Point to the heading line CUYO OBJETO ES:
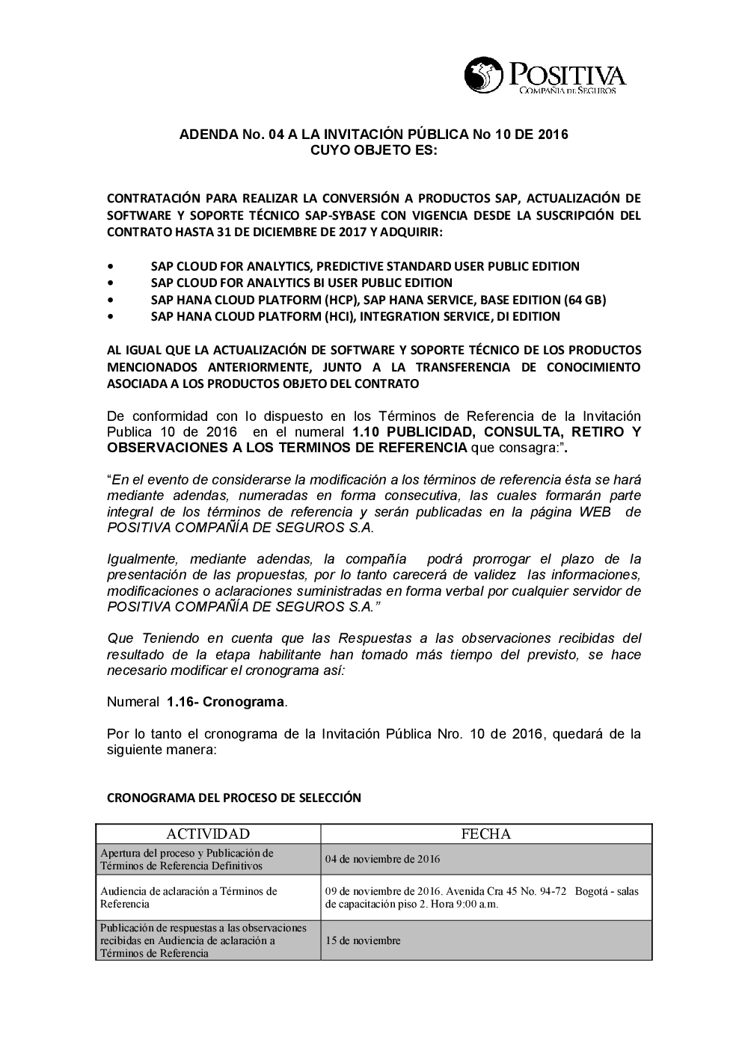point(373,150)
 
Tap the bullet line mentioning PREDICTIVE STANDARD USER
point(365,266)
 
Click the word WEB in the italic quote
point(595,512)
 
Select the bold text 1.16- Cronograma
point(227,702)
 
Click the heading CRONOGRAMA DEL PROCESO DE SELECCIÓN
point(234,798)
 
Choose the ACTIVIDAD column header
point(208,834)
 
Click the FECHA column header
point(486,834)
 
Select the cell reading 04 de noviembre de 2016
point(382,859)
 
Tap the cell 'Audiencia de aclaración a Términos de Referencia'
point(188,897)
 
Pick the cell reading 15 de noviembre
point(363,940)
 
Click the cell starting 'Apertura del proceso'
point(187,859)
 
